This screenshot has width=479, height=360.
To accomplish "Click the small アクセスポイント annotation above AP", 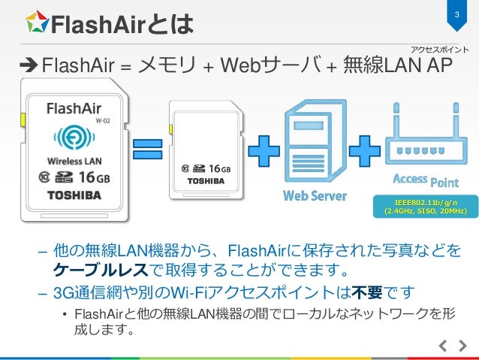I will point(440,50).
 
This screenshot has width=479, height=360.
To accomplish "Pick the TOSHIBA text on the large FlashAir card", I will point(74,196).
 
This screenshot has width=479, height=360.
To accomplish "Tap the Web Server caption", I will point(315,197).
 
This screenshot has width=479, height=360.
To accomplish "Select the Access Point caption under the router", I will point(424,180).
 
